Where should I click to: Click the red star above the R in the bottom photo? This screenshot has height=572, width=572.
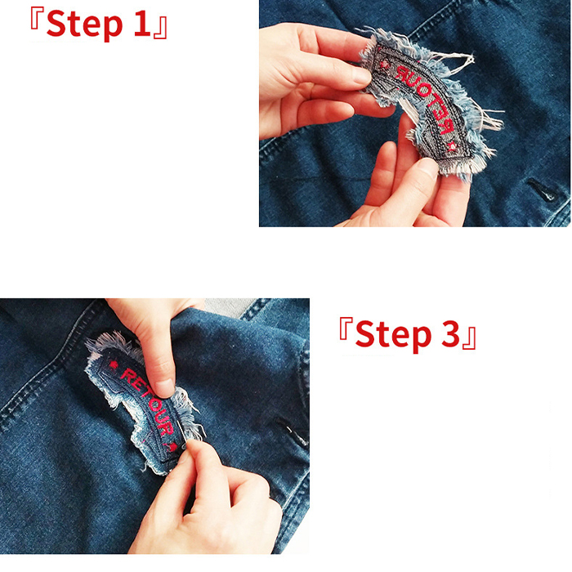pyautogui.click(x=114, y=364)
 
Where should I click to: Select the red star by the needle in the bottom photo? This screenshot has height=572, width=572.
pyautogui.click(x=173, y=447)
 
